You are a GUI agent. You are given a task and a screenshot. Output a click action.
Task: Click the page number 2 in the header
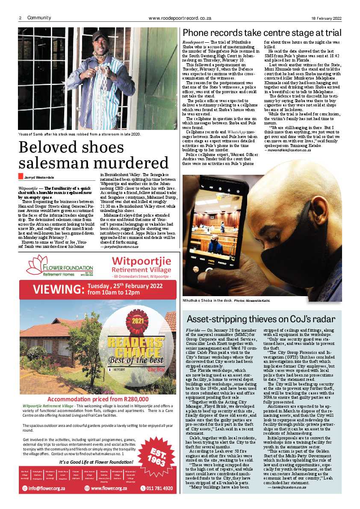pos(20,18)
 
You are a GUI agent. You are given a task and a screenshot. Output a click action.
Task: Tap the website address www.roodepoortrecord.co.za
pos(180,18)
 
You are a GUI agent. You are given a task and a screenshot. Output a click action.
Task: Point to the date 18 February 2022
pos(326,18)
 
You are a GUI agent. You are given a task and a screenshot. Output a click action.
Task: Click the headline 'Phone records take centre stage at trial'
pos(262,33)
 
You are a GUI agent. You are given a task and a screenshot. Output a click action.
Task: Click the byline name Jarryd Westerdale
pos(39,177)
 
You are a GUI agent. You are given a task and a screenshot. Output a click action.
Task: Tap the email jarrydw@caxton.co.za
pos(119,247)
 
